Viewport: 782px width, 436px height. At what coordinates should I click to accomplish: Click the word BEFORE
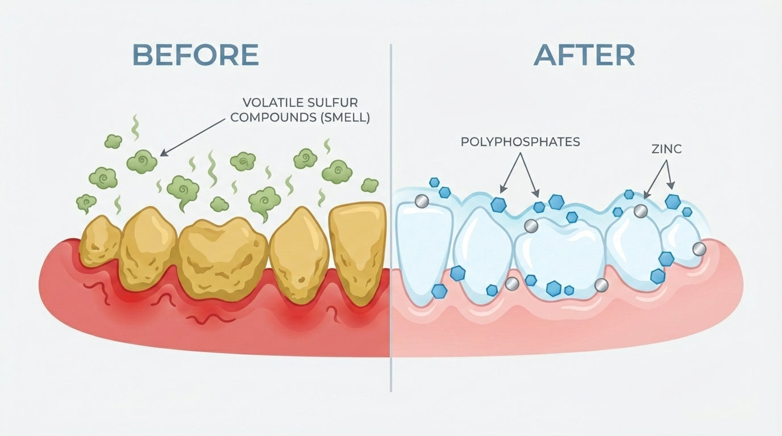coord(195,54)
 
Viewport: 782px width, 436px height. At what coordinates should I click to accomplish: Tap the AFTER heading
coord(584,55)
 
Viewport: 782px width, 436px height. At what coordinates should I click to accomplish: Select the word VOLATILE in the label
coord(268,103)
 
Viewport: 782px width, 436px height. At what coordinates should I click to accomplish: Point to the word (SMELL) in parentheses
coord(345,118)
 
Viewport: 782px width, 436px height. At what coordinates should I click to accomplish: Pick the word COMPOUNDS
coord(273,118)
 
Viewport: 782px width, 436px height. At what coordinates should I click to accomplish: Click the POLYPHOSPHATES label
coord(521,141)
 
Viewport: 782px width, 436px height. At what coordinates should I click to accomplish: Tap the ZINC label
coord(667,149)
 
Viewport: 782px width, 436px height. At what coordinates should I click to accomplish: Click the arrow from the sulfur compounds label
coord(193,137)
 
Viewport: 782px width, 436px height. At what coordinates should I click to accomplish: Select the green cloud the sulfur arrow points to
coord(142,161)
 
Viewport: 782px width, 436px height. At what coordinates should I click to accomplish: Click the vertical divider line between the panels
coord(390,217)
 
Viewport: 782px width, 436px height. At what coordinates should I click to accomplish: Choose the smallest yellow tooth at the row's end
coord(99,241)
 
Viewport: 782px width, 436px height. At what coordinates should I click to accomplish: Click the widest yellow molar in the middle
coord(222,258)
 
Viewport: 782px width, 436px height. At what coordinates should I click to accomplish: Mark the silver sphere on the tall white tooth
coord(422,202)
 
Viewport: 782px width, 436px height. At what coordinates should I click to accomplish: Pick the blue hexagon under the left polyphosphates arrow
coord(498,205)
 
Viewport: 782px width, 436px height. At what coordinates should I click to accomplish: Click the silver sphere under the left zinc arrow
coord(640,211)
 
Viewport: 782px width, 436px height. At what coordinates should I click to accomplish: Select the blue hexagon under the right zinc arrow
coord(673,202)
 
